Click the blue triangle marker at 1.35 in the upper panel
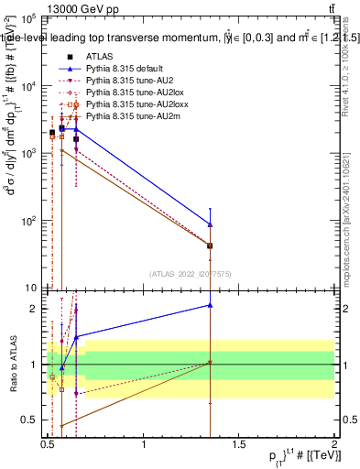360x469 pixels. point(211,224)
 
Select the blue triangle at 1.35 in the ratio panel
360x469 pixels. point(211,305)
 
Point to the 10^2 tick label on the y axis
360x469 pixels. point(27,221)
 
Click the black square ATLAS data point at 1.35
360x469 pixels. point(211,245)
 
